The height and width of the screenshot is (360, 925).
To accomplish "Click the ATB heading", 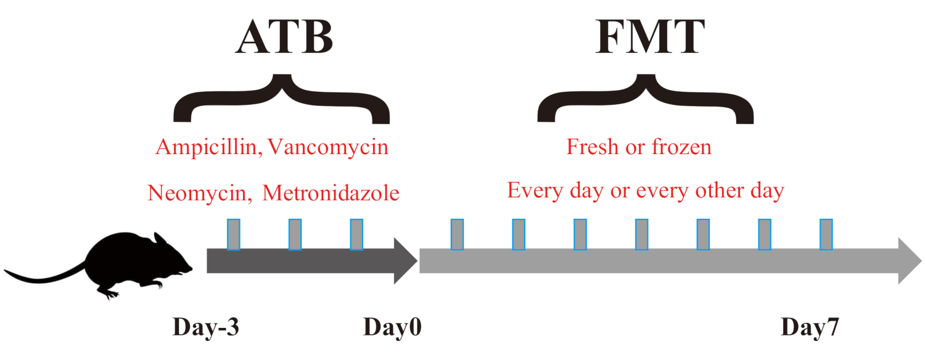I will [283, 38].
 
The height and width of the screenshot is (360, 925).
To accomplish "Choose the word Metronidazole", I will [331, 193].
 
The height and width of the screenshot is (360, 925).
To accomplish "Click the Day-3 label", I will [205, 327].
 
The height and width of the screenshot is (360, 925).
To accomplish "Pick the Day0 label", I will [392, 327].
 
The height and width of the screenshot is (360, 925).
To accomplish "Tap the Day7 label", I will [810, 327].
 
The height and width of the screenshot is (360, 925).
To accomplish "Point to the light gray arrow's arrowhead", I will [909, 261].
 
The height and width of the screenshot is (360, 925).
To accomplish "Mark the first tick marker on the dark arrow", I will [234, 234].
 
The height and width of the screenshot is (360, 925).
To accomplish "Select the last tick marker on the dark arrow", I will [356, 234].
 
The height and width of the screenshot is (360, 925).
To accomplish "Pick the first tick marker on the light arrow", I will [457, 234].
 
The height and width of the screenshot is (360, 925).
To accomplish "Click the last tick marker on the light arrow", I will [826, 234].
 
